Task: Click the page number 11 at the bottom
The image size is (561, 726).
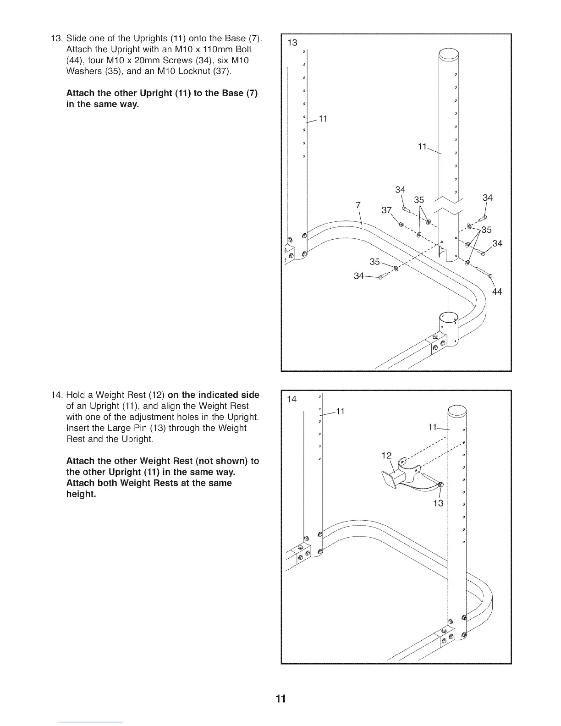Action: click(280, 698)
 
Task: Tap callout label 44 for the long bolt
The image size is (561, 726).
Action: click(497, 292)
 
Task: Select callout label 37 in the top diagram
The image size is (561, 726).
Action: click(387, 210)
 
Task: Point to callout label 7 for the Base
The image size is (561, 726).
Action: click(358, 205)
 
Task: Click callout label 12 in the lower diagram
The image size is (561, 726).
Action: click(386, 456)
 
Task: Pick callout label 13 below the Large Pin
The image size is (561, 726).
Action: click(438, 503)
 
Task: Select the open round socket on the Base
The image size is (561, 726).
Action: click(448, 318)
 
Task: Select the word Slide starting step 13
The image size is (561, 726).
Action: click(76, 38)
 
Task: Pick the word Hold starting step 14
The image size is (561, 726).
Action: click(76, 395)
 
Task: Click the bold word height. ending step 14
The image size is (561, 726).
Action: click(81, 494)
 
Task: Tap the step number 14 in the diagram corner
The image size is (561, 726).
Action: click(291, 399)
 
